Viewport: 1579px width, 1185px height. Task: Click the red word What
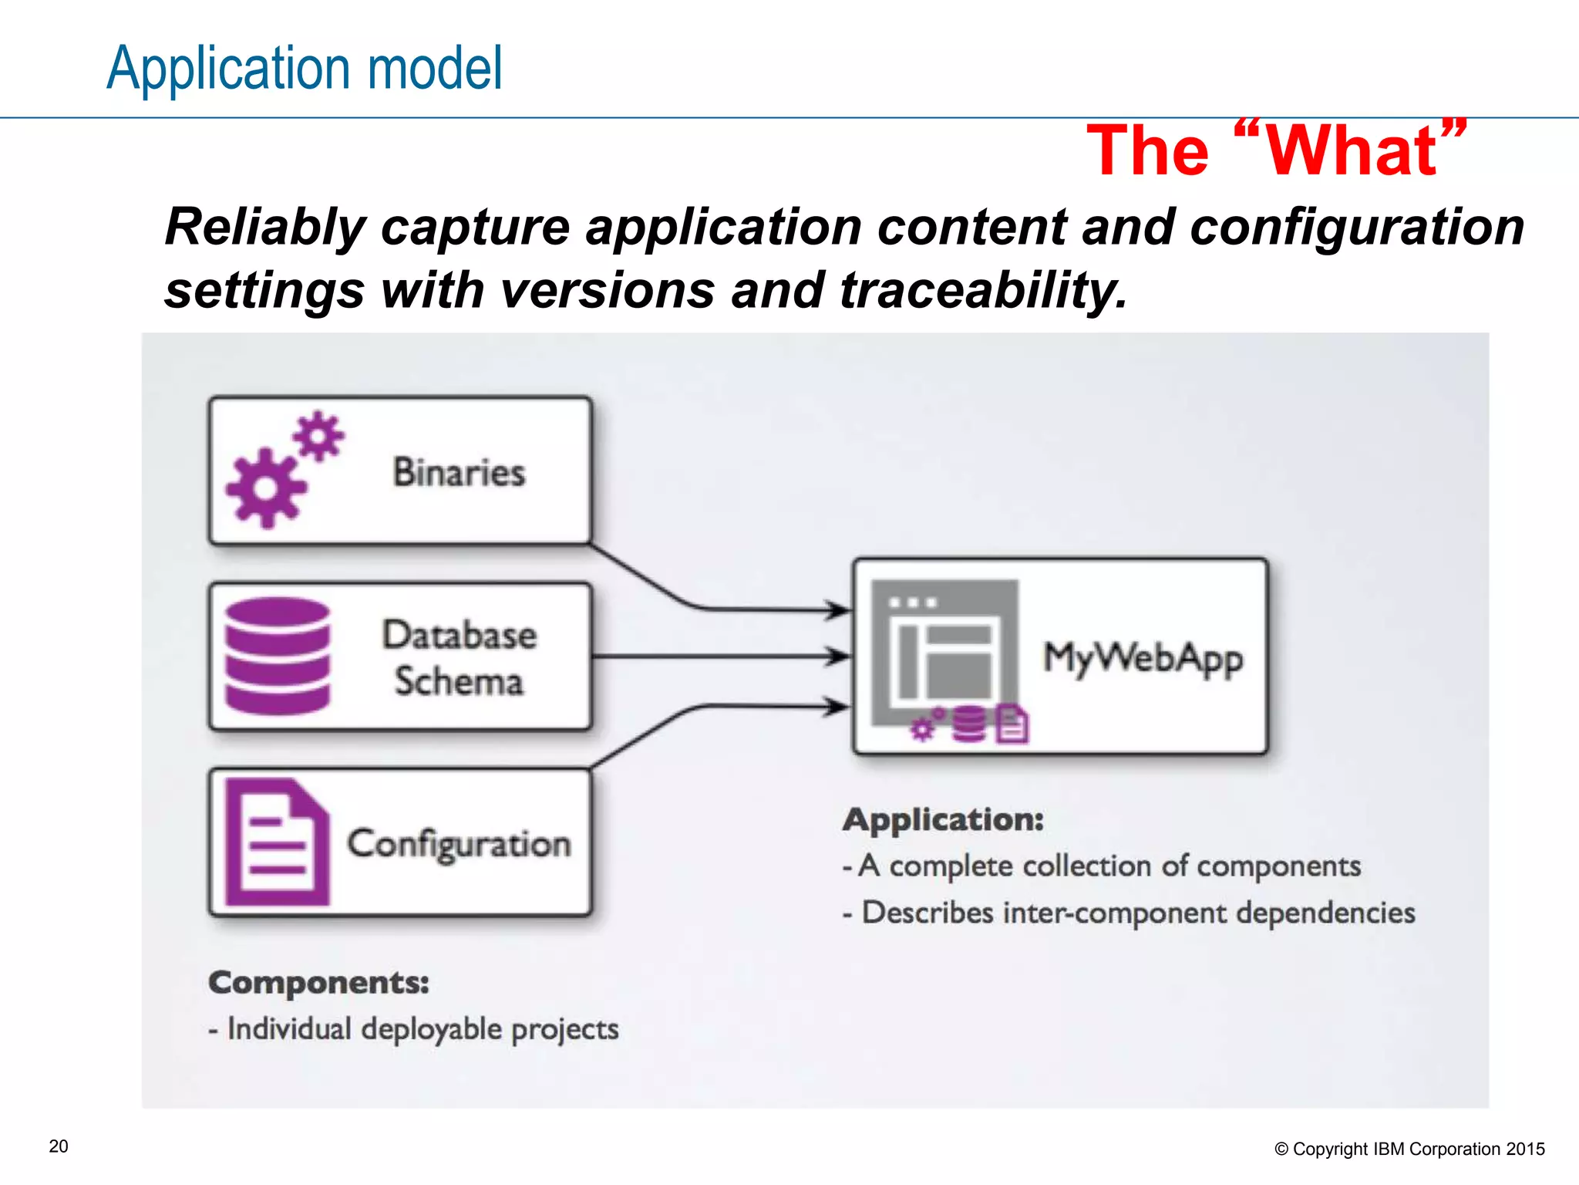click(1353, 151)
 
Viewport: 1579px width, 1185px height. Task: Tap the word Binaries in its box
click(459, 471)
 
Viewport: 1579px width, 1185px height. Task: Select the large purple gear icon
click(265, 488)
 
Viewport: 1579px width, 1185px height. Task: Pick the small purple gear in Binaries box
click(318, 436)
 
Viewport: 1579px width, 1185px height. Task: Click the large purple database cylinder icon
click(278, 656)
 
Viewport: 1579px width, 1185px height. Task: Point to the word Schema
click(459, 681)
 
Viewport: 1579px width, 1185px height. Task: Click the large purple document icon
click(276, 842)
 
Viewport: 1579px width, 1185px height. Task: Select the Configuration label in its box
click(459, 843)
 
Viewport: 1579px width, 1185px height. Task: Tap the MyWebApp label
click(1142, 658)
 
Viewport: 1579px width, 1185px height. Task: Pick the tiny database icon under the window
click(968, 724)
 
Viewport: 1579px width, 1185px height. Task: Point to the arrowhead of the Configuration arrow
click(837, 706)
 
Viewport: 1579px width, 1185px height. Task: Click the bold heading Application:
click(943, 819)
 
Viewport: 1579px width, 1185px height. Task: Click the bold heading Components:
click(318, 983)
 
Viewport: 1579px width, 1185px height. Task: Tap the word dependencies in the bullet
click(1325, 913)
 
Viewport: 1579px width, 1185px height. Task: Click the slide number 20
click(59, 1146)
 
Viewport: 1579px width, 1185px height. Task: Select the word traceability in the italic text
click(983, 291)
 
